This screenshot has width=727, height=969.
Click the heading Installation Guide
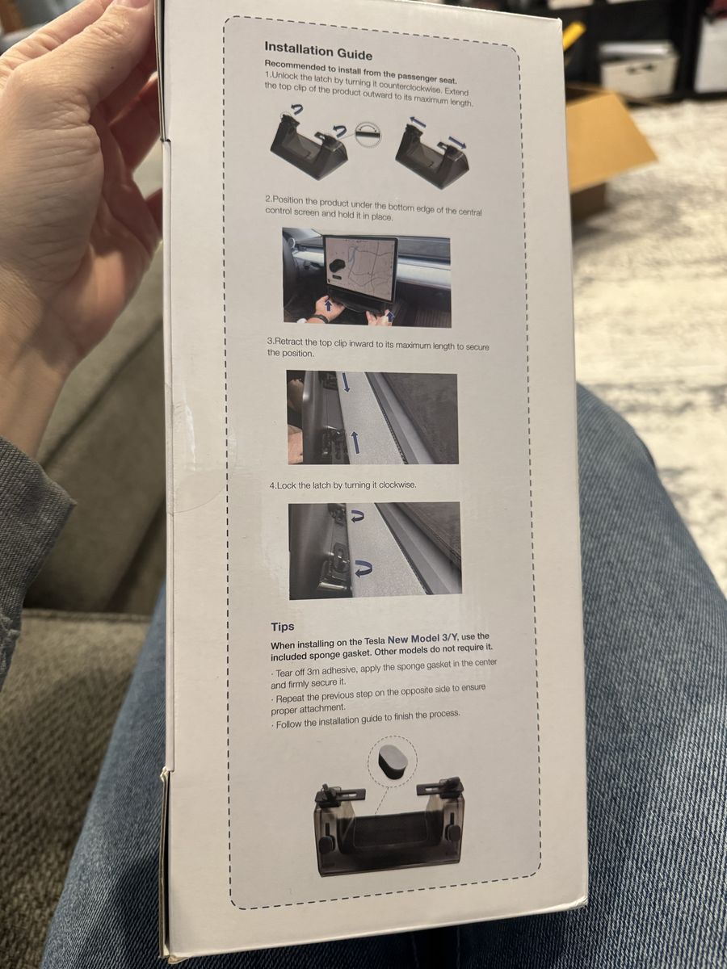(318, 50)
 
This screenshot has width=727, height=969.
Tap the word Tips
(283, 627)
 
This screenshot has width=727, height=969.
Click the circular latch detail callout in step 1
(368, 133)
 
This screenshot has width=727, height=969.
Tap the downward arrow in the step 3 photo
(346, 382)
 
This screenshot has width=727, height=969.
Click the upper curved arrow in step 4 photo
(357, 515)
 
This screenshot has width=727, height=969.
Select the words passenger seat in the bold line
(427, 78)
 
